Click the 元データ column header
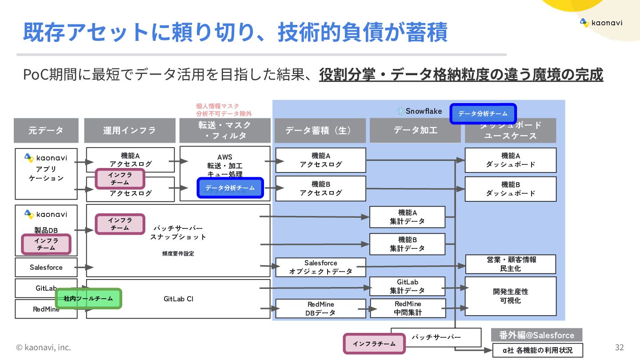[x=46, y=130]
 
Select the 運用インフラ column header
[x=129, y=130]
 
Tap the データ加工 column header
[x=415, y=130]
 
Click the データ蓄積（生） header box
[x=320, y=130]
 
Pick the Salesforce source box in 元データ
[x=46, y=268]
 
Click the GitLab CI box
[x=178, y=299]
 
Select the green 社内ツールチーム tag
[x=88, y=299]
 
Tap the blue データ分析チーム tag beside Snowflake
[x=483, y=114]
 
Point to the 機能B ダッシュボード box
[x=510, y=189]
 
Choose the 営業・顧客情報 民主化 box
[x=510, y=264]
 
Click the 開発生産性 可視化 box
[x=510, y=296]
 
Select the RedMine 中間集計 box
[x=408, y=308]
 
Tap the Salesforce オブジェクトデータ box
[x=320, y=267]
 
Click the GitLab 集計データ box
[x=407, y=286]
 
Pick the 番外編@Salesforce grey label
[x=536, y=335]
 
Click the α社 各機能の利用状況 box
[x=537, y=350]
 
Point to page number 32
[x=619, y=347]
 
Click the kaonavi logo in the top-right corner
[x=601, y=23]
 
